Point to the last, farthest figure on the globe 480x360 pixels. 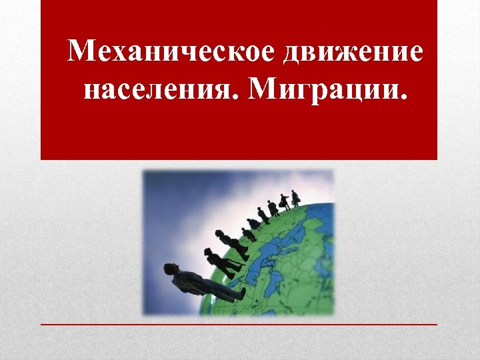click(x=295, y=197)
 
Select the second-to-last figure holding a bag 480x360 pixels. click(x=284, y=201)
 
